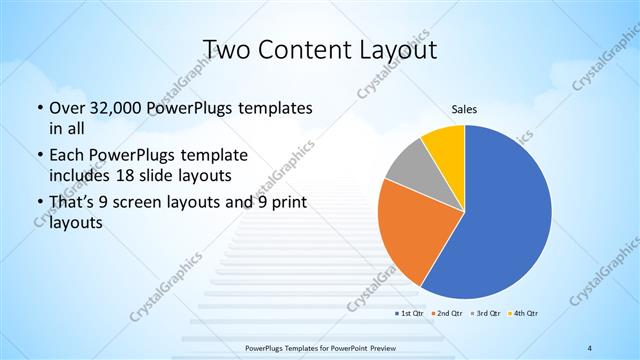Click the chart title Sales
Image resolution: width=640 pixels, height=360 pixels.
pos(464,107)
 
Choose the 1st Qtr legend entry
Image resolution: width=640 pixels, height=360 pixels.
pos(409,314)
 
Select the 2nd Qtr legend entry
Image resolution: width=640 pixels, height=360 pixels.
pos(447,314)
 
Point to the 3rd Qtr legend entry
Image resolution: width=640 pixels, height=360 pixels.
pos(485,314)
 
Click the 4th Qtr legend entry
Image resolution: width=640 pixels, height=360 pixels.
pos(523,314)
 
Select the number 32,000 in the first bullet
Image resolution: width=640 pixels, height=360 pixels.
pos(122,108)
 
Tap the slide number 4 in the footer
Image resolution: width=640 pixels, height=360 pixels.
pos(590,347)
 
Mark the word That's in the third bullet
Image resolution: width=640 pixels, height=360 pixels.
pos(73,203)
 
